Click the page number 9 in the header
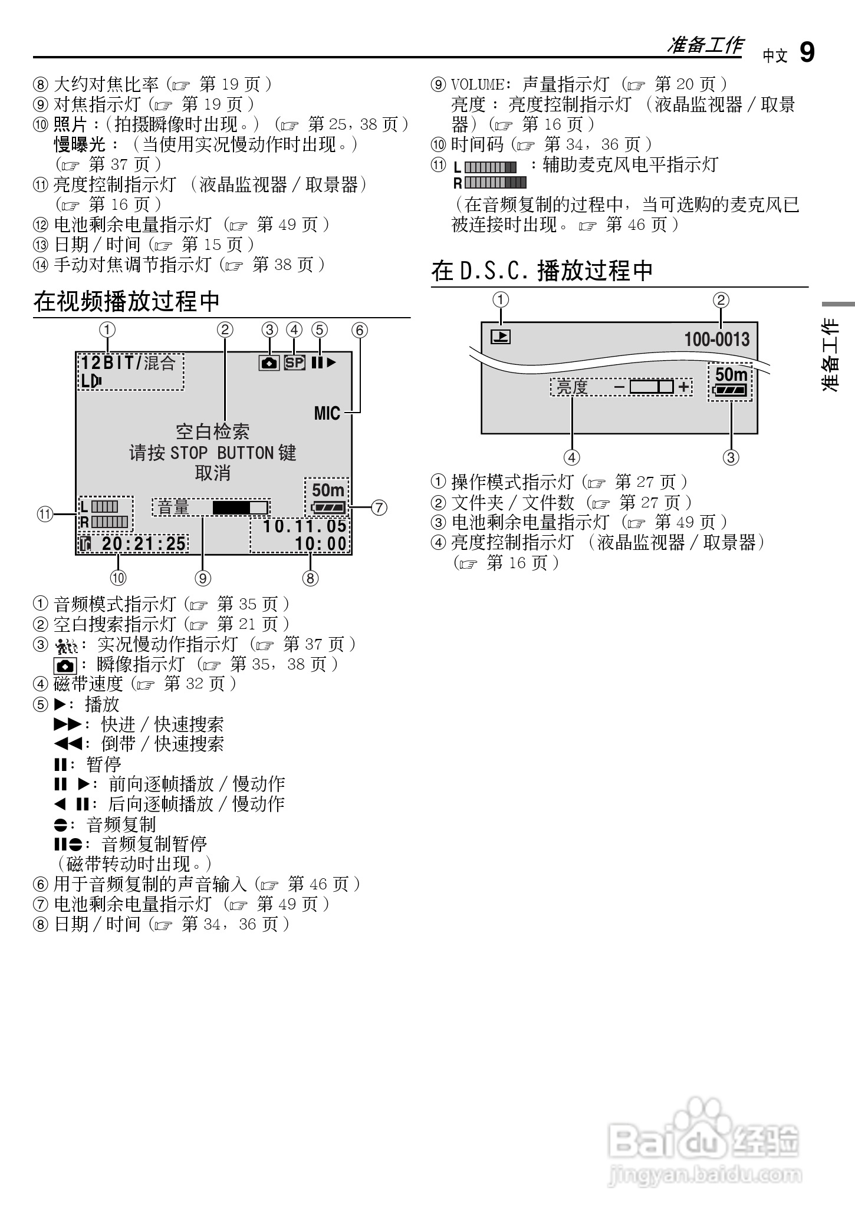coord(807,52)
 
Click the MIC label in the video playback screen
coord(327,413)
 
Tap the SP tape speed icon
coord(294,362)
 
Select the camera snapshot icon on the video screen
coord(269,363)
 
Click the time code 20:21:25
coord(144,543)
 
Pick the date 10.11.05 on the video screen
coord(304,526)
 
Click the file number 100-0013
coord(716,339)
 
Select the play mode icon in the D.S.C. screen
coord(501,337)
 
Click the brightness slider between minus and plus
coord(651,387)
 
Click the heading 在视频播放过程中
coord(126,301)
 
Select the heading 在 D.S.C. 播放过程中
coord(542,271)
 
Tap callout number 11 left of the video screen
coord(45,514)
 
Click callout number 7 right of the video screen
coord(379,507)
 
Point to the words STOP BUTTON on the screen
coord(222,453)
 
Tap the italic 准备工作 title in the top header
coord(705,45)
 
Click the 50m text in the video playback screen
coord(328,490)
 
